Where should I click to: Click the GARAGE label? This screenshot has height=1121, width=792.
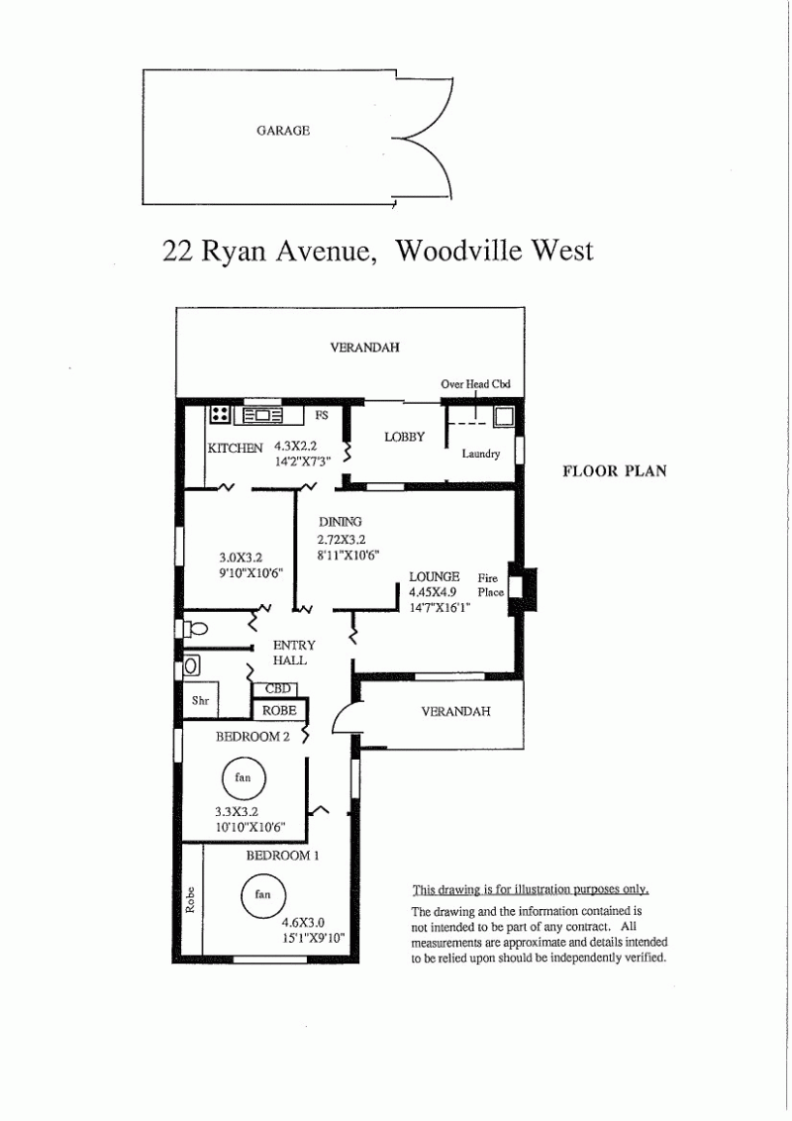coord(283,131)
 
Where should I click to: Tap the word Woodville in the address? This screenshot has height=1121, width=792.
coord(459,251)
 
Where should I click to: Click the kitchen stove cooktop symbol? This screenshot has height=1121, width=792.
coord(220,414)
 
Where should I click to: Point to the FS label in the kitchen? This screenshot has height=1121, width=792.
coord(322,415)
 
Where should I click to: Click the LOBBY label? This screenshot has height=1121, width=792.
coord(405,437)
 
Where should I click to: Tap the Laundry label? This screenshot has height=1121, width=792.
coord(480,454)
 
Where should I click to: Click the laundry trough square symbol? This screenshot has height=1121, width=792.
coord(503,416)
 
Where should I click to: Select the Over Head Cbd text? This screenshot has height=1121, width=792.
coord(475,384)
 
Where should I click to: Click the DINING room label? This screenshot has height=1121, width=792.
coord(341,522)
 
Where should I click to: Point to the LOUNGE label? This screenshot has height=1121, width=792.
coord(434,577)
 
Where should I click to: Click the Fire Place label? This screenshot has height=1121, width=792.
coord(490,585)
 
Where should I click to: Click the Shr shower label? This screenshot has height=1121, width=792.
coord(200,701)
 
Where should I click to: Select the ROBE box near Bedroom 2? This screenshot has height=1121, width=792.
coord(279,710)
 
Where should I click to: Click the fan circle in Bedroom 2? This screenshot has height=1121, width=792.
coord(243,777)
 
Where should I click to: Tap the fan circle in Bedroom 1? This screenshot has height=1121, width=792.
coord(263,894)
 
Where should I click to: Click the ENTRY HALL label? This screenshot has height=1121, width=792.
coord(294,653)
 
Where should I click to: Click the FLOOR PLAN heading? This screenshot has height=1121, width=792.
coord(615,471)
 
